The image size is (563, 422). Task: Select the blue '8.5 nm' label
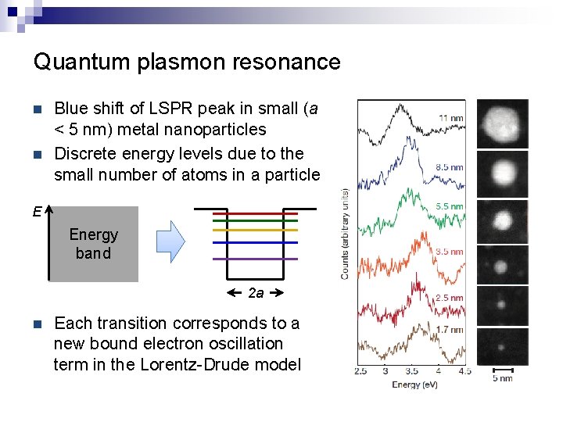pyautogui.click(x=449, y=166)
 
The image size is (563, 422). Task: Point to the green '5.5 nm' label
pyautogui.click(x=449, y=206)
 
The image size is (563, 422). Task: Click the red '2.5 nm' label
pyautogui.click(x=449, y=298)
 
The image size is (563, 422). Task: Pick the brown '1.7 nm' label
pyautogui.click(x=449, y=330)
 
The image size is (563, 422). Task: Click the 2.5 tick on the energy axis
pyautogui.click(x=360, y=370)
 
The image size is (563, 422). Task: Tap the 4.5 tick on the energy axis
pyautogui.click(x=464, y=370)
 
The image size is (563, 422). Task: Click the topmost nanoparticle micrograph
pyautogui.click(x=503, y=123)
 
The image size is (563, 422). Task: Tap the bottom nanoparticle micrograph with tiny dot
pyautogui.click(x=503, y=346)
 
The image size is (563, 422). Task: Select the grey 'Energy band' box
pyautogui.click(x=94, y=244)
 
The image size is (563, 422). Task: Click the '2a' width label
pyautogui.click(x=256, y=293)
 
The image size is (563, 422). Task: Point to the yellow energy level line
pyautogui.click(x=256, y=231)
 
